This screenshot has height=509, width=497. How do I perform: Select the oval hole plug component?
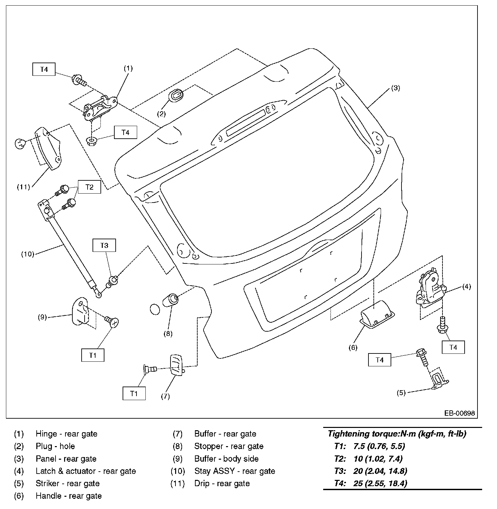[176, 96]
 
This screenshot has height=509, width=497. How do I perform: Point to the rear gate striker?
[439, 381]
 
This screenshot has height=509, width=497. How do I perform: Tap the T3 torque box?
[104, 246]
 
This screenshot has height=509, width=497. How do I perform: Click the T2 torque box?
[90, 187]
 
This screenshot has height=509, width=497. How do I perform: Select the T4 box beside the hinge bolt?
[44, 69]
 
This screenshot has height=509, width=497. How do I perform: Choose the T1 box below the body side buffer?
[93, 355]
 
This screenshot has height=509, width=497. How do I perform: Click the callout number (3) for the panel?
[396, 88]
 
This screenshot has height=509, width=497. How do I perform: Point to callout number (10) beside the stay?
[28, 254]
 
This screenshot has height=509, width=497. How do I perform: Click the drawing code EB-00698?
[459, 413]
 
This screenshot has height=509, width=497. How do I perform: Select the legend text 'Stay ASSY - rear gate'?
[235, 471]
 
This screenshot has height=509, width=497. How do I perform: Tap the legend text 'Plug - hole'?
[55, 446]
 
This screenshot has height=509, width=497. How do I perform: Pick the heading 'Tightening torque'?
[397, 434]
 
